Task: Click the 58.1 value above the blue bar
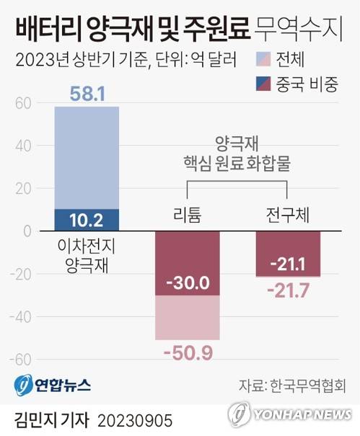coord(87,94)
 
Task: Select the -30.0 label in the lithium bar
coord(188,283)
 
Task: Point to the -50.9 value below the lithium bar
coord(188,353)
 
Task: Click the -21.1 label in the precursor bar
coord(287,264)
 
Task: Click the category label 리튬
coord(188,213)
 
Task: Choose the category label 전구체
coord(287,213)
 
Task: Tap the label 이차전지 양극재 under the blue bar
coord(87,254)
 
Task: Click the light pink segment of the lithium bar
coord(188,317)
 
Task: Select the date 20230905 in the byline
coord(136,419)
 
